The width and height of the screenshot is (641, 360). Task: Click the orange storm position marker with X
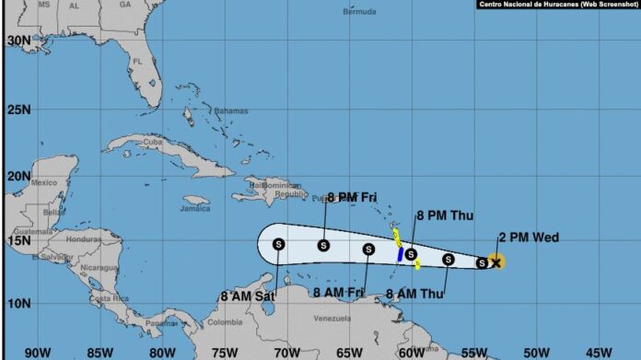click(x=495, y=262)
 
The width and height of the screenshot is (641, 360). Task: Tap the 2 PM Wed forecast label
click(x=528, y=238)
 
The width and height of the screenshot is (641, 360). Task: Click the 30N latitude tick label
click(x=18, y=41)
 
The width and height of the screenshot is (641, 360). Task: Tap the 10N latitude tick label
click(x=18, y=303)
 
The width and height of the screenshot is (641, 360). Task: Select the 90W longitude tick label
click(x=38, y=352)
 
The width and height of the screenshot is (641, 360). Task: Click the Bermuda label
click(x=359, y=12)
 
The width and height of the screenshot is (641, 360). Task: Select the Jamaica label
click(x=195, y=208)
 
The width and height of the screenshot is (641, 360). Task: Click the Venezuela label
click(x=333, y=319)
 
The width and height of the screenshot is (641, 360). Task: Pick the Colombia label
click(x=225, y=322)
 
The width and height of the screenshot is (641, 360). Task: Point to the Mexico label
click(x=44, y=182)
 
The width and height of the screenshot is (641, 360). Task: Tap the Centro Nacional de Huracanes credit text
click(x=558, y=6)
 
